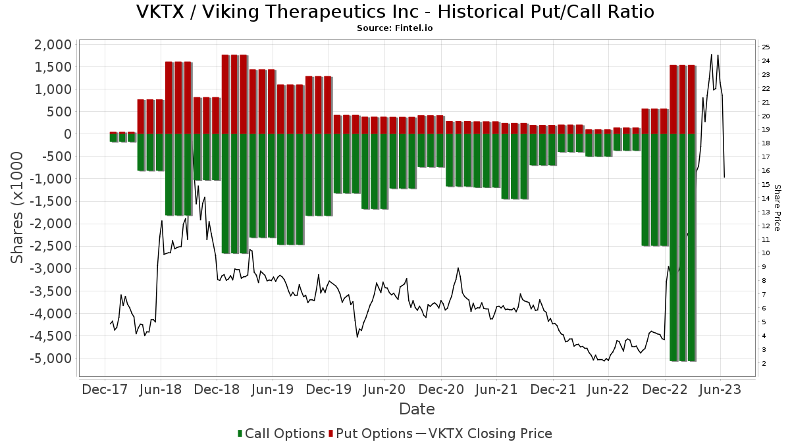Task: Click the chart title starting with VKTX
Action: pos(395,12)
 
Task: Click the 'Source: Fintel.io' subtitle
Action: pos(395,28)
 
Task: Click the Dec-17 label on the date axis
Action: pos(105,389)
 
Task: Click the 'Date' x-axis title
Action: pos(417,409)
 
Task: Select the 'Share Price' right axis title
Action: pos(777,207)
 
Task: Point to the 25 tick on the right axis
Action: pos(766,47)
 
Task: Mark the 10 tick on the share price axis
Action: pos(766,253)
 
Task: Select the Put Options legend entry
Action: pos(374,433)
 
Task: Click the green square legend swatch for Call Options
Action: pos(240,433)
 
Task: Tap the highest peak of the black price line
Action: pos(712,55)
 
